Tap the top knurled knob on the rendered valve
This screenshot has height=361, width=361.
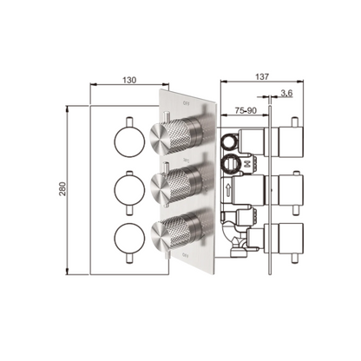click(184, 137)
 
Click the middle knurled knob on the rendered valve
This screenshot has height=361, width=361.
click(184, 183)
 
